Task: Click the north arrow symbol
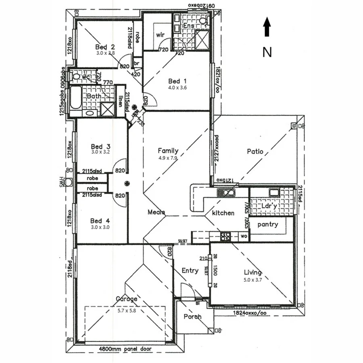pyautogui.click(x=267, y=27)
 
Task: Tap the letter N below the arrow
pyautogui.click(x=267, y=52)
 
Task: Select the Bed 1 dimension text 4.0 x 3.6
pyautogui.click(x=177, y=87)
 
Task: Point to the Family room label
pyautogui.click(x=168, y=151)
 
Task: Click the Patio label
pyautogui.click(x=255, y=152)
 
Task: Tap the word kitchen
pyautogui.click(x=223, y=213)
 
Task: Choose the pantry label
pyautogui.click(x=268, y=224)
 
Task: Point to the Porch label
pyautogui.click(x=192, y=317)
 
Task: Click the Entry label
pyautogui.click(x=190, y=270)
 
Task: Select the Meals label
pyautogui.click(x=156, y=212)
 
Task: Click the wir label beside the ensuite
pyautogui.click(x=160, y=35)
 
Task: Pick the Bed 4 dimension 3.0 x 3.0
pyautogui.click(x=100, y=227)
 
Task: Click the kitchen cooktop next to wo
pyautogui.click(x=226, y=237)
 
